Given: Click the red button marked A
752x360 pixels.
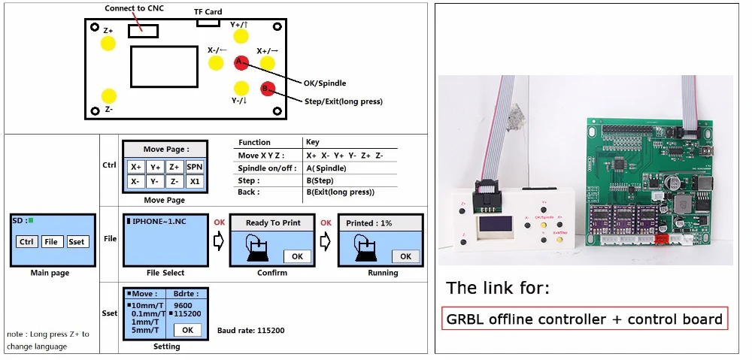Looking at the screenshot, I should tap(241, 62).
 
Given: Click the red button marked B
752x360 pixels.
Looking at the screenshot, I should tap(268, 89).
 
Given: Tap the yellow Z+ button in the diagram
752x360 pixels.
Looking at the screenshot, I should tap(108, 42).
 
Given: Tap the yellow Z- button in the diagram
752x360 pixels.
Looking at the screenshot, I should tap(108, 96).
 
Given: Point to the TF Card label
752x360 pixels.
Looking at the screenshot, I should tap(208, 12).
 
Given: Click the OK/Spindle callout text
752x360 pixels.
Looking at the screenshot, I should tap(323, 83).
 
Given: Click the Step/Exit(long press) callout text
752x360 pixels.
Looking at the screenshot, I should tap(343, 101).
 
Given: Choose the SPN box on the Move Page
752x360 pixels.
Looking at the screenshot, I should tap(195, 167).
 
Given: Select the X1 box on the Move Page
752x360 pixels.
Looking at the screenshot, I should tap(195, 181).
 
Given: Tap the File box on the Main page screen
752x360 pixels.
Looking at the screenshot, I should tap(52, 241).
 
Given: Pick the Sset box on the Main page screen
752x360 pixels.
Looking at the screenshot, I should tap(77, 241).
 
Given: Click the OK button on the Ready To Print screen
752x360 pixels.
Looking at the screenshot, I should tap(297, 256).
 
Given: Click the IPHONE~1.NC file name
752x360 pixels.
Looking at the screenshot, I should tap(160, 222).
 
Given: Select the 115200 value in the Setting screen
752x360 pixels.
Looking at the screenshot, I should tap(187, 313).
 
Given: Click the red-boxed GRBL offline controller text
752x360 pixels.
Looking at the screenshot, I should tap(584, 319).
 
